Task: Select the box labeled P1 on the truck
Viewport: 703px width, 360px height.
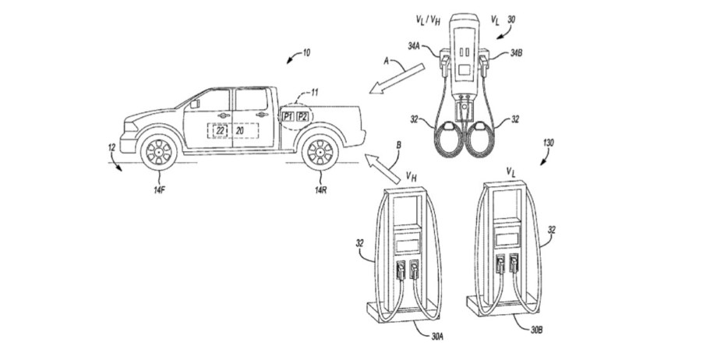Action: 289,116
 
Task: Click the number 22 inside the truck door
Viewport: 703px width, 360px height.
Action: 221,130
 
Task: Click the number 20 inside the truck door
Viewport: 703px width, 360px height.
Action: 240,130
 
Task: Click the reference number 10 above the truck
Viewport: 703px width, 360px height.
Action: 305,52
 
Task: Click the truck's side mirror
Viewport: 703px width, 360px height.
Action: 194,101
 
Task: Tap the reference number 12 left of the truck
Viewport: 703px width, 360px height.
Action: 112,147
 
